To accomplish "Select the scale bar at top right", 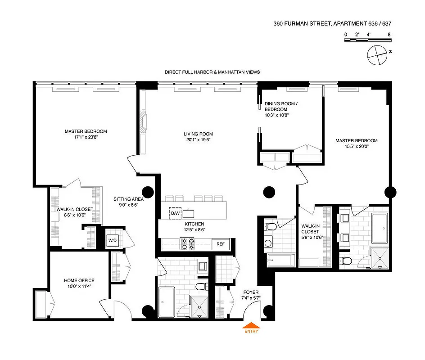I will tap(367, 40).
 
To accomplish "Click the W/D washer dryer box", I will tap(112, 240).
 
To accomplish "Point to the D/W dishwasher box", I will tap(175, 213).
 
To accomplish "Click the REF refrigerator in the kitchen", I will tap(221, 244).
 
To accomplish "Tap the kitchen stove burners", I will tap(187, 244).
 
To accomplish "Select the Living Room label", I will tap(198, 137).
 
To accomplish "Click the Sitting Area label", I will tap(128, 201).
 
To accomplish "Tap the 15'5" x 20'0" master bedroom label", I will tap(356, 144).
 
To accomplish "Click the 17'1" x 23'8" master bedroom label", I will tap(86, 134).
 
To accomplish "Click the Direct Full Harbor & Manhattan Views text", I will tap(212, 72).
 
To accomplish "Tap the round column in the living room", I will tap(269, 193).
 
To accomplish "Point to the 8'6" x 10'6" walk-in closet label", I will tap(75, 212).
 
